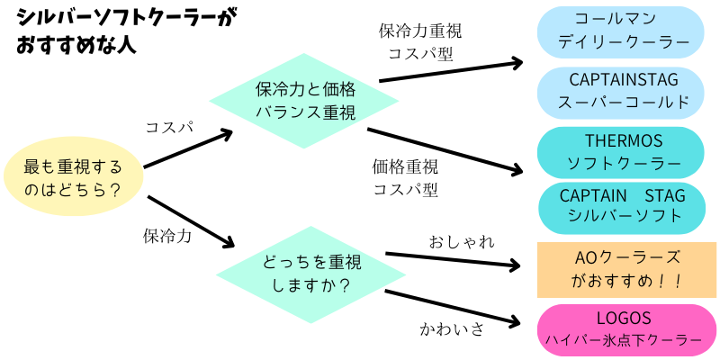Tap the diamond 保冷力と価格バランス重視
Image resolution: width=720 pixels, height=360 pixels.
click(305, 101)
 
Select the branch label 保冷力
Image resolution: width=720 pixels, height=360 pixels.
click(167, 236)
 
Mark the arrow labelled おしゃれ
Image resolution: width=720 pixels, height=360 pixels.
click(454, 261)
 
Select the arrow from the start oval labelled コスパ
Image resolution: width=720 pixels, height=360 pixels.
click(187, 149)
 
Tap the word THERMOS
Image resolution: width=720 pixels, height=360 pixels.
click(624, 141)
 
